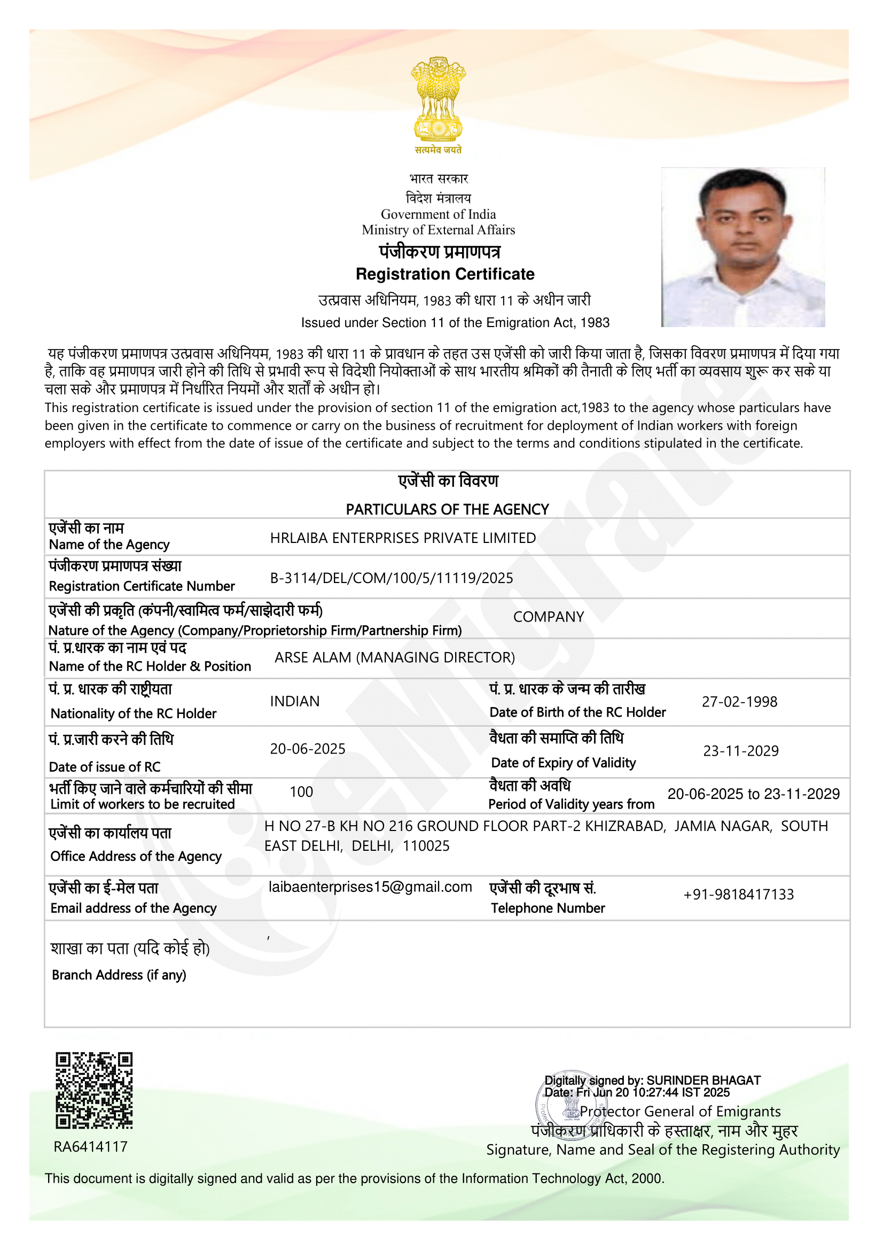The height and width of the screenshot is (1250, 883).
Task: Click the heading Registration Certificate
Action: [445, 274]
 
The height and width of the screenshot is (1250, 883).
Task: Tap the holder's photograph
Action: [743, 247]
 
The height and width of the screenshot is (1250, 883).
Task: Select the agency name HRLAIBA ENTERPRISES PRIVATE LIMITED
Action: [403, 538]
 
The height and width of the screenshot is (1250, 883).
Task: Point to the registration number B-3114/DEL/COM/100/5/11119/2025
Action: [391, 578]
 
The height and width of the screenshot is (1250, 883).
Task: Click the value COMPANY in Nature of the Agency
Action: [549, 617]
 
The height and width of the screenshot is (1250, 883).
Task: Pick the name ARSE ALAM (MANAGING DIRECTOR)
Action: [394, 658]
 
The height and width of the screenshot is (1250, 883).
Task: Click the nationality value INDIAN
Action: [294, 701]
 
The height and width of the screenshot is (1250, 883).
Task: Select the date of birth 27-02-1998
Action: [739, 702]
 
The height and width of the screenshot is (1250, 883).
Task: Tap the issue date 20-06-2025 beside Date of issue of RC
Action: [307, 749]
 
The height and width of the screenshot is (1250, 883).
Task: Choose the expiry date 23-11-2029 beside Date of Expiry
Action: [740, 751]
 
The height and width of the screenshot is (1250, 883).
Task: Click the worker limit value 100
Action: [301, 792]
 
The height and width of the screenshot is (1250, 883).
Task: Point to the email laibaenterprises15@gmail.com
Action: [370, 887]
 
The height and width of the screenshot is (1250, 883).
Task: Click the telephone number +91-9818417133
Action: [738, 895]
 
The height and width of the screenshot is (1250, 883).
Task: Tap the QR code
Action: [94, 1091]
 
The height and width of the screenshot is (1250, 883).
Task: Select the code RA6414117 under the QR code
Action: [90, 1147]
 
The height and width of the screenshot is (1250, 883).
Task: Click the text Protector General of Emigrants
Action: [680, 1111]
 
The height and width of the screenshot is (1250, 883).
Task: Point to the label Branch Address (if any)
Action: [119, 975]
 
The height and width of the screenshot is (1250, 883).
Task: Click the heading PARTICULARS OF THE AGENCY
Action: [447, 510]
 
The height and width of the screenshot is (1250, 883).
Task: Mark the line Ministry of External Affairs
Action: [438, 230]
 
